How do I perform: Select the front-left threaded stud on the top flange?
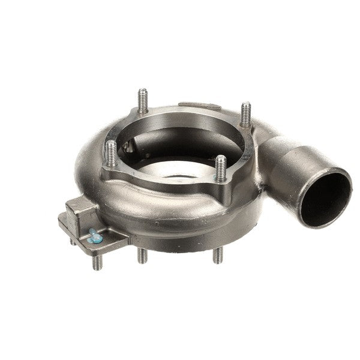[x=111, y=152]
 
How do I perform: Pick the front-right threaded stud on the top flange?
[x=221, y=167]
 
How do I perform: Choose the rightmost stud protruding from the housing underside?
[x=218, y=257]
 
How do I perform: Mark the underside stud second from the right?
[x=142, y=256]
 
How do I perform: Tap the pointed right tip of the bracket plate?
[x=128, y=239]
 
